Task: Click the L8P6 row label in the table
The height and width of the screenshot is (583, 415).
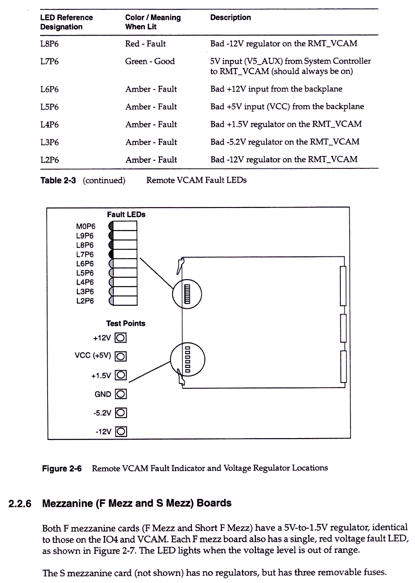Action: (x=49, y=44)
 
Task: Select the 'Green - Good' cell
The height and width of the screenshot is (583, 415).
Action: (x=150, y=61)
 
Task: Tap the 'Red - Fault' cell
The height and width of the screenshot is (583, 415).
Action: (x=145, y=44)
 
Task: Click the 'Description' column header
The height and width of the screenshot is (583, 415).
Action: (x=230, y=18)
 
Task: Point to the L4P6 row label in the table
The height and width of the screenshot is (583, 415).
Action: (x=49, y=125)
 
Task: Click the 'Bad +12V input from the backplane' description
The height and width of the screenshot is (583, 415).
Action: (x=276, y=89)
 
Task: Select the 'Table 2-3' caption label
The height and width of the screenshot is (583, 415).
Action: (x=58, y=180)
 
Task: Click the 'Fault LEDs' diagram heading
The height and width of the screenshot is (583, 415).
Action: (x=126, y=215)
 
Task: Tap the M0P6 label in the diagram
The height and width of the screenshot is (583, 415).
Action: (x=85, y=227)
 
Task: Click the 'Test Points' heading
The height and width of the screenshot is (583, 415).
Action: (x=126, y=323)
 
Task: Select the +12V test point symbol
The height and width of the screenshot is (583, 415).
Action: (x=121, y=338)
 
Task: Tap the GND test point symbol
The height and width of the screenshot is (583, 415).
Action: (x=121, y=394)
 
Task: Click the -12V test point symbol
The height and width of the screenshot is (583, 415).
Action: (x=121, y=431)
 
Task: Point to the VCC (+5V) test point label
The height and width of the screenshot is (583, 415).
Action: (x=93, y=355)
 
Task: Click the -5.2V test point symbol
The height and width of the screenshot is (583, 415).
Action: (x=121, y=413)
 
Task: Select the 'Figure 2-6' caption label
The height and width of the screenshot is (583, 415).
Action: (x=62, y=469)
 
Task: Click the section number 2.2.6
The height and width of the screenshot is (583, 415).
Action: (x=20, y=504)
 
